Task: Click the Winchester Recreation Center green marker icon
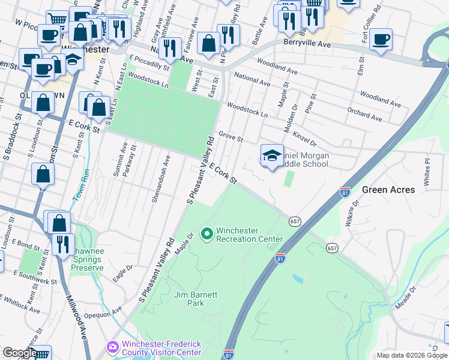pos(207,233)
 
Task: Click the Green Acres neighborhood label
pos(388,190)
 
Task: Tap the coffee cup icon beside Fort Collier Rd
pos(381,40)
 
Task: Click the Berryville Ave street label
pos(307,44)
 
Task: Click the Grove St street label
pos(231,137)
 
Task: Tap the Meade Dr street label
pos(405,297)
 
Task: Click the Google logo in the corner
pos(19,353)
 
